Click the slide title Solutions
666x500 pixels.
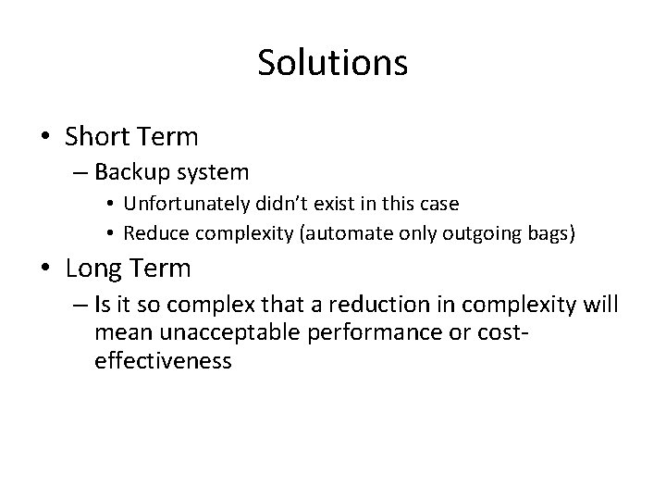[x=332, y=63]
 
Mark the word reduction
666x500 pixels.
[x=382, y=306]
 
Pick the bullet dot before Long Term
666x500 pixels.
[x=44, y=270]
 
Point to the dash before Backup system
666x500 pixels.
[x=78, y=172]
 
